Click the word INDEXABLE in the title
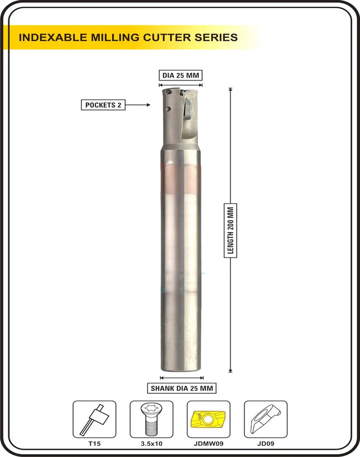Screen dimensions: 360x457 coord(52,37)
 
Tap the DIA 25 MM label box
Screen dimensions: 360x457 coord(181,75)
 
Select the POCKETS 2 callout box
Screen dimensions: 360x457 coord(103,105)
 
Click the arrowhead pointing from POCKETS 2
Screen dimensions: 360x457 coord(148,104)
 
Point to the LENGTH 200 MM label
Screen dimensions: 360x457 coord(231,231)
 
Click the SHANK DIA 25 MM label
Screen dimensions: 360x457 coord(182,388)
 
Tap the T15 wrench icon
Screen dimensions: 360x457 coord(94,419)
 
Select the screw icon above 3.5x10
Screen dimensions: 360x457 coord(151,419)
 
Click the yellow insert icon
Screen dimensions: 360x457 coord(209,419)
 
